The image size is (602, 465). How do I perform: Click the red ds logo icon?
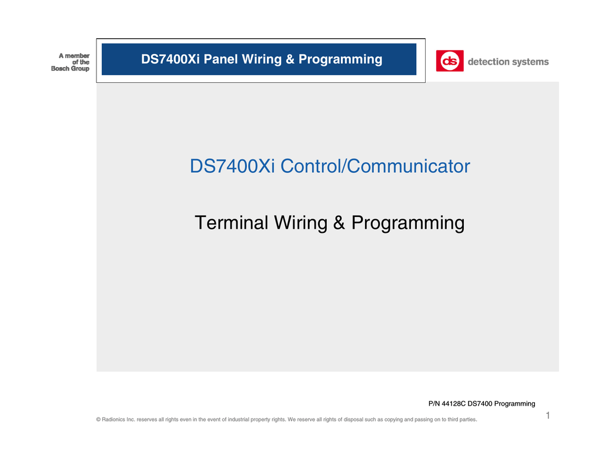[449, 61]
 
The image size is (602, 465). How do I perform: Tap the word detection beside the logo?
[487, 62]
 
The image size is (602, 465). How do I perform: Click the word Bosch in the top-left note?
[61, 69]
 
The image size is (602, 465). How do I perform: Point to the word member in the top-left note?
[77, 55]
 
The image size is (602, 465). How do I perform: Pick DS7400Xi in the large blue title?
[232, 166]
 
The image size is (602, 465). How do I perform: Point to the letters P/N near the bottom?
[434, 404]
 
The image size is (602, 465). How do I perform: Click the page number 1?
[547, 416]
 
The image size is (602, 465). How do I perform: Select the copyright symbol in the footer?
[98, 420]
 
